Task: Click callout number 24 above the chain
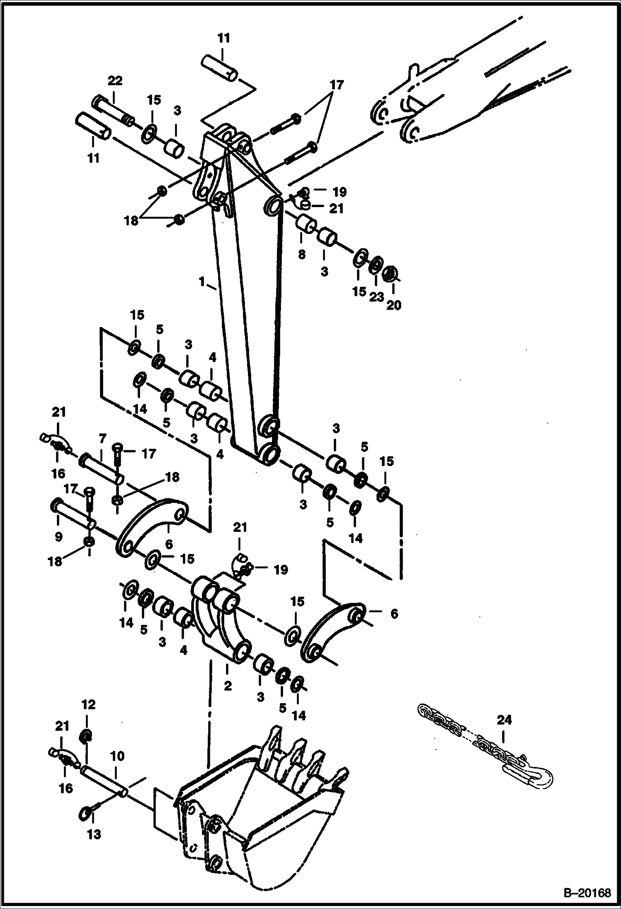tap(504, 720)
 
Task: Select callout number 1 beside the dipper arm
tap(202, 282)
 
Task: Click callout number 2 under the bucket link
tap(228, 686)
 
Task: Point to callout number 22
tap(115, 81)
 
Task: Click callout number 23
tap(376, 297)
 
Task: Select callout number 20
tap(394, 305)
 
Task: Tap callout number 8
tap(302, 254)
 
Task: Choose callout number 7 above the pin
tap(102, 438)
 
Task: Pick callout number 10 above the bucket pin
tap(117, 756)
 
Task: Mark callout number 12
tap(89, 705)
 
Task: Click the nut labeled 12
tap(86, 736)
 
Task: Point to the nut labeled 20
tap(390, 274)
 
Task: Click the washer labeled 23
tap(376, 265)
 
